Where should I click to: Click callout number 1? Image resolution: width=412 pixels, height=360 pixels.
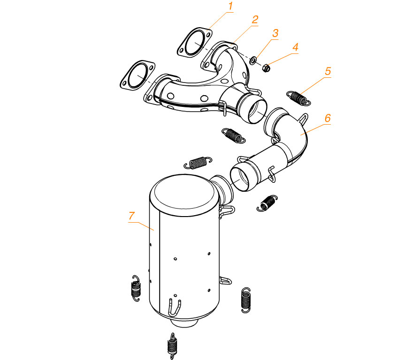click(x=231, y=6)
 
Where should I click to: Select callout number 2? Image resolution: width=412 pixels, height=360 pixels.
click(x=255, y=20)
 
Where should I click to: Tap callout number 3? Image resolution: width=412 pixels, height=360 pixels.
click(x=275, y=33)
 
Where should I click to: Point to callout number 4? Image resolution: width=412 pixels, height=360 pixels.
click(x=295, y=47)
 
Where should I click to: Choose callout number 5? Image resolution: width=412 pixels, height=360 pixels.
click(x=328, y=71)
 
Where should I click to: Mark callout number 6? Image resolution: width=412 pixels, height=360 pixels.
click(x=328, y=118)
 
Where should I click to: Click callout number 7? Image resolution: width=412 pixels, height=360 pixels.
click(x=131, y=216)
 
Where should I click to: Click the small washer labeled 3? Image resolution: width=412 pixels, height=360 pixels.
click(x=253, y=60)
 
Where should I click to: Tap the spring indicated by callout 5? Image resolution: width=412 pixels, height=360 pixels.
click(x=298, y=98)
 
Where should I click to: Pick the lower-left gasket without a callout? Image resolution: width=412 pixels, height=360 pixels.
click(x=137, y=75)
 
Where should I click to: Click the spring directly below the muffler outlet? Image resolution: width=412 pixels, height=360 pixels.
click(x=172, y=346)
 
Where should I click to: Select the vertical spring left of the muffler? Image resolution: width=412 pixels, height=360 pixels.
click(x=136, y=288)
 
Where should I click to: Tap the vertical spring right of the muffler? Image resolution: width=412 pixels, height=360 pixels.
click(x=246, y=300)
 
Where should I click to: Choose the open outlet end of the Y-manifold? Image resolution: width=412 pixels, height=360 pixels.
click(x=256, y=110)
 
